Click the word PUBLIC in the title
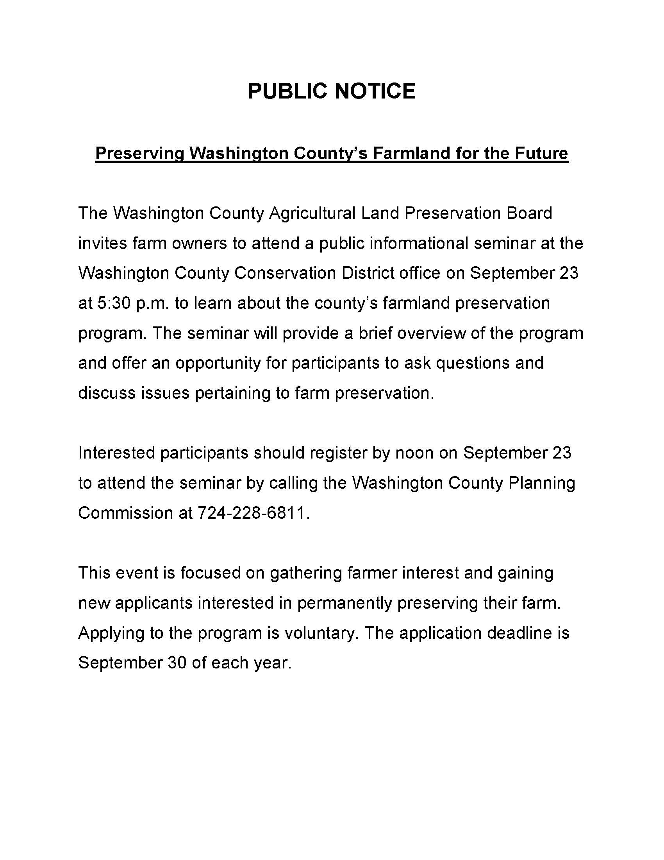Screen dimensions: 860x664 [288, 91]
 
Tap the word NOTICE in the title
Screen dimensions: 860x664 [375, 91]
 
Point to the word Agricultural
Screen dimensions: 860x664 [312, 213]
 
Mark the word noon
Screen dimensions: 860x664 [414, 453]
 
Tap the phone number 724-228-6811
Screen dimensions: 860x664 [252, 513]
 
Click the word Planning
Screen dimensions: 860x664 [542, 483]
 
